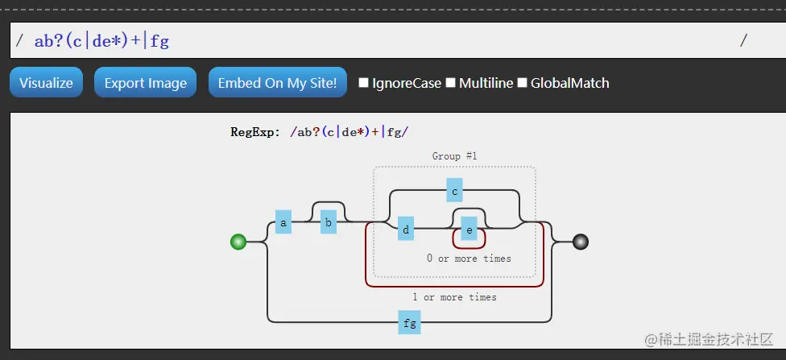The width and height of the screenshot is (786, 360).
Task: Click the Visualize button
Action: click(46, 83)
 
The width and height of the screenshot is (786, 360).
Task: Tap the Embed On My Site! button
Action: click(277, 83)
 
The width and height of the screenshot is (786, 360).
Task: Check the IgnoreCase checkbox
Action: click(364, 83)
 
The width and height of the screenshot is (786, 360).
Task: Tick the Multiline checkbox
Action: click(451, 83)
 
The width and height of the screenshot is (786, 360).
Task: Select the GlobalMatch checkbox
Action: click(523, 83)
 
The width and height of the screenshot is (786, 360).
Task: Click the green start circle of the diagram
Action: click(238, 242)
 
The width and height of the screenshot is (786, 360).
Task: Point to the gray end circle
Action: click(580, 242)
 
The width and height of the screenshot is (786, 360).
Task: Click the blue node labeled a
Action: click(283, 221)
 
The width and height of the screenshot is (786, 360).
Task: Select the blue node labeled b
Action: click(328, 221)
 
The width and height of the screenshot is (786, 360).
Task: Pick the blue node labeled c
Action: click(454, 190)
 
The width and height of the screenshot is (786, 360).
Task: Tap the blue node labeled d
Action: click(406, 229)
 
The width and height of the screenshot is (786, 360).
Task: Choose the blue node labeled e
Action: click(470, 229)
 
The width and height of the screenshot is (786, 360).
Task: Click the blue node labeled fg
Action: click(409, 322)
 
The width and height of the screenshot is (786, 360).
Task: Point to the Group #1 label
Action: click(454, 156)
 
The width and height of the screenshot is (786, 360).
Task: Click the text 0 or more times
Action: click(469, 259)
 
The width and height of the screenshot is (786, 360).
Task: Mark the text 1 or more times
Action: click(454, 297)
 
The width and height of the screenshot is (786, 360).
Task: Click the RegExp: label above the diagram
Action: click(255, 132)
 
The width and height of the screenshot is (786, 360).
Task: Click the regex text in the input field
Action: click(101, 41)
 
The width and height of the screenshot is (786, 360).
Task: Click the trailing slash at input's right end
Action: click(743, 41)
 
